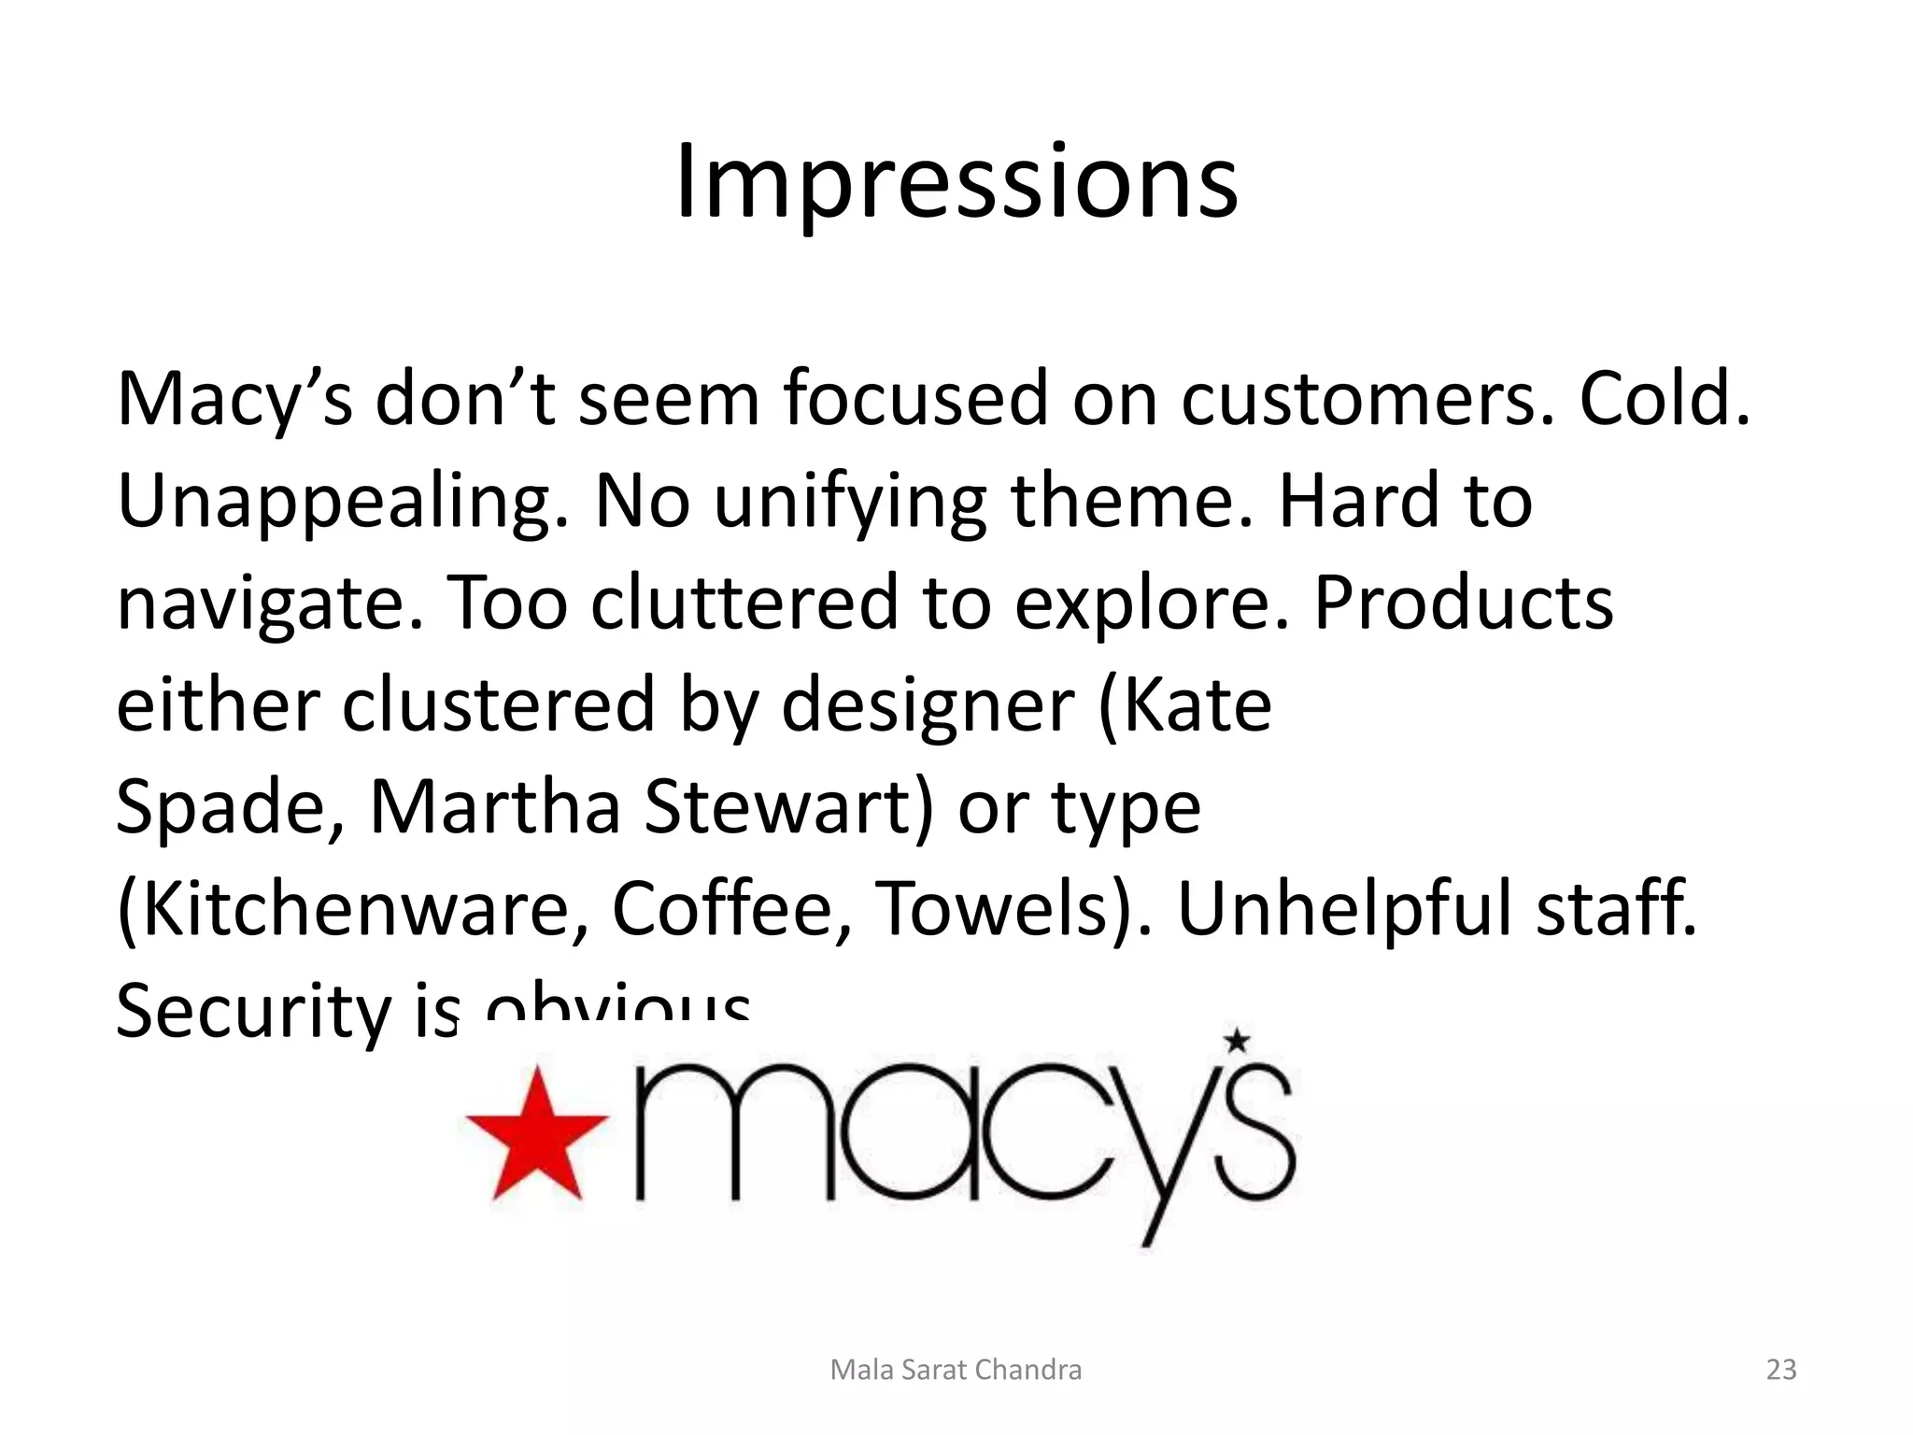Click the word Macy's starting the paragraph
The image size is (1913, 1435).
[234, 400]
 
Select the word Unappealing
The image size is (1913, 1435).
[342, 502]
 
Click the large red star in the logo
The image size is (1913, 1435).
[537, 1135]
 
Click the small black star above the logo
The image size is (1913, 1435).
[1237, 1040]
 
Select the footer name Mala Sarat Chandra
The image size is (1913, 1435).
[956, 1370]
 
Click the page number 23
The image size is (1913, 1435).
[1781, 1370]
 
